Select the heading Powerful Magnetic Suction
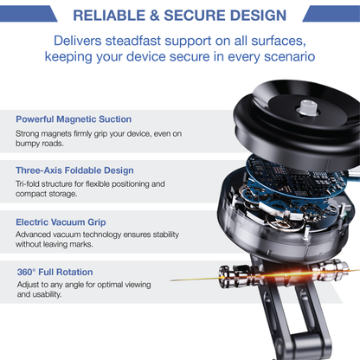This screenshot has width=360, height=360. click(x=74, y=119)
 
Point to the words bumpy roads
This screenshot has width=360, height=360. click(x=42, y=146)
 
